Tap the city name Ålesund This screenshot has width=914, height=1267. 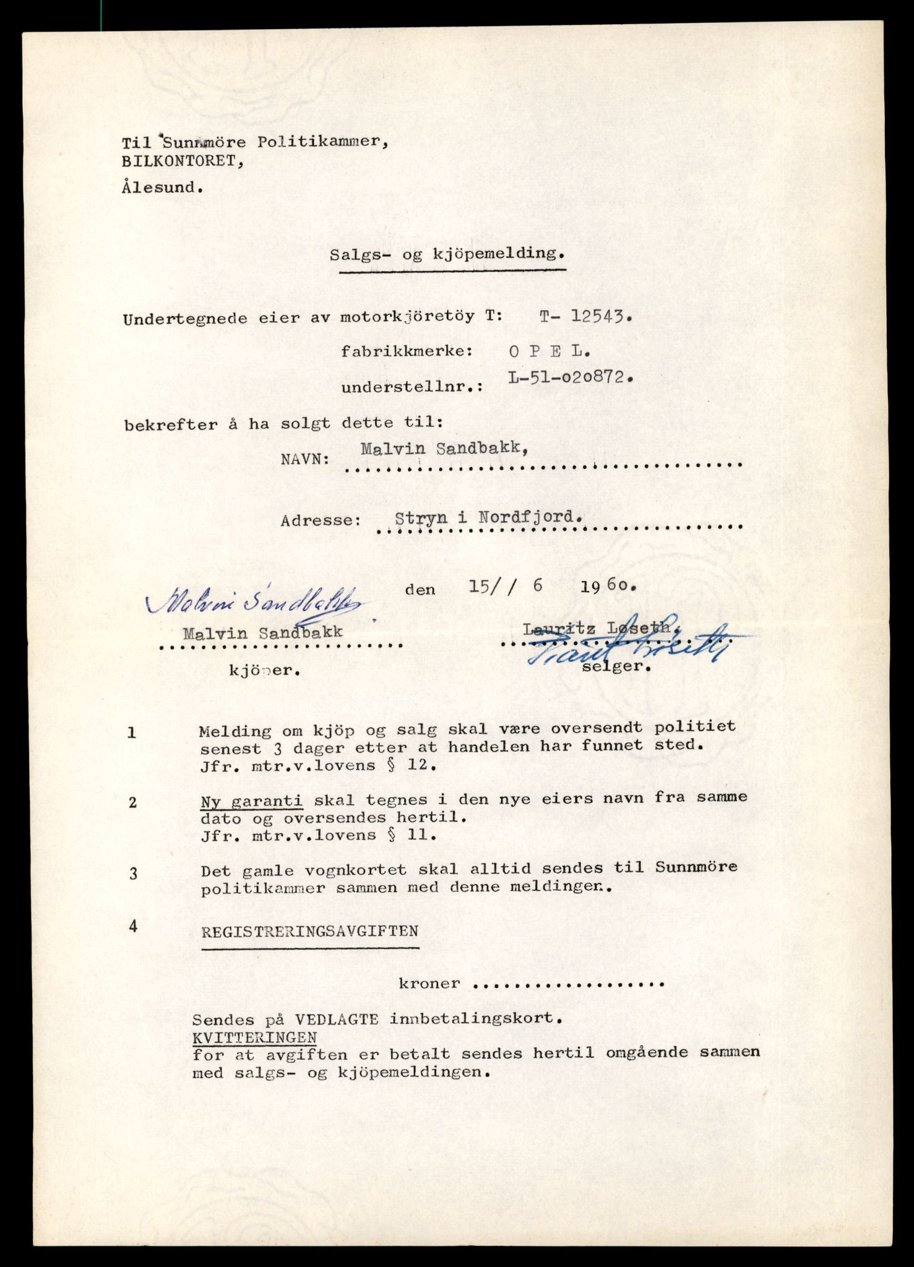[x=162, y=187]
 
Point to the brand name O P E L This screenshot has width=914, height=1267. [x=549, y=351]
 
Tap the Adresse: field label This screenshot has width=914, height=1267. [x=321, y=520]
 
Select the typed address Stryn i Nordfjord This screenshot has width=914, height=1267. [x=488, y=517]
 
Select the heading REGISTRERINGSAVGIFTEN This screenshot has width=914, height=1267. [x=309, y=931]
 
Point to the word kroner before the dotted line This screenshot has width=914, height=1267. [x=429, y=983]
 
